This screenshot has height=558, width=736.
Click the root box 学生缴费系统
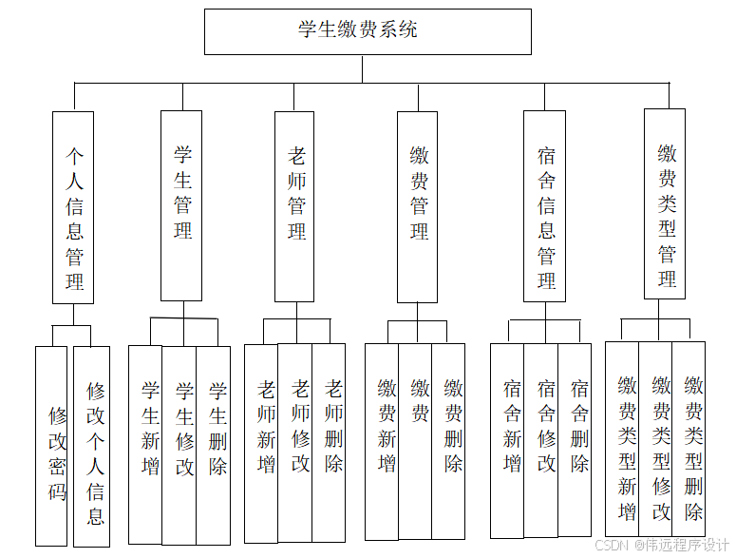tap(368, 31)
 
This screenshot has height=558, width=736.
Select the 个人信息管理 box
tap(73, 207)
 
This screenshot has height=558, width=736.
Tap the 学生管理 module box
tap(181, 205)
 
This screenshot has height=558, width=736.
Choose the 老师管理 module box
tap(294, 206)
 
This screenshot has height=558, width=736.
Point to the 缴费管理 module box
tap(418, 206)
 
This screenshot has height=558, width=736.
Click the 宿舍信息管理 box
tap(545, 206)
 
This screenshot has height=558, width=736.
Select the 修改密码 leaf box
tap(54, 446)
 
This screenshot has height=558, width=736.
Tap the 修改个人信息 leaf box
tap(92, 446)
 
